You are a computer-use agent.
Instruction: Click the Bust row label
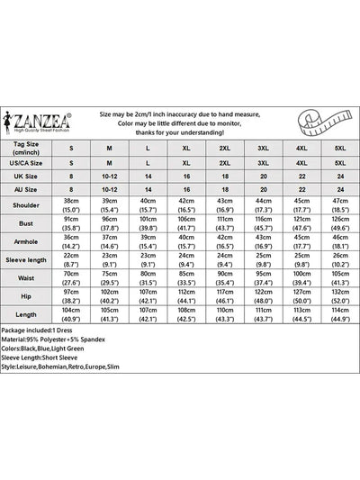click(x=35, y=225)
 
